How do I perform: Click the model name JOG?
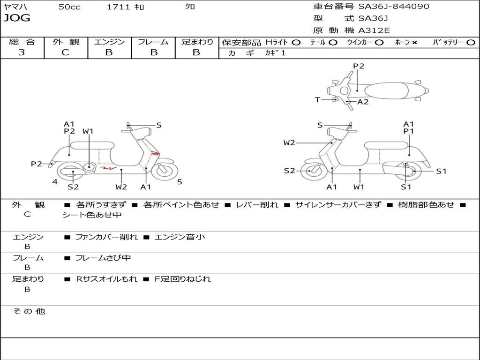[x=17, y=18]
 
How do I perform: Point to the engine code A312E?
[x=374, y=31]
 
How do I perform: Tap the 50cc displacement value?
[x=69, y=7]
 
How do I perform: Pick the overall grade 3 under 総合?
[x=22, y=52]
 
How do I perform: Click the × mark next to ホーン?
[x=414, y=43]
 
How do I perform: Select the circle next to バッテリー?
[x=471, y=43]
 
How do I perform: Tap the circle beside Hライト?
[x=296, y=43]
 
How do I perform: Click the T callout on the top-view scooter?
[x=317, y=100]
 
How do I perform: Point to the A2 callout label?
[x=363, y=102]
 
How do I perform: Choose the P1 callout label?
[x=409, y=132]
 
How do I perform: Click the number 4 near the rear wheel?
[x=55, y=182]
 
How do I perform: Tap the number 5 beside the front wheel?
[x=180, y=182]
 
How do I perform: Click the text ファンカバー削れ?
[x=106, y=237]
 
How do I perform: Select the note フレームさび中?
[x=103, y=258]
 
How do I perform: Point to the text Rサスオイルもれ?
[x=107, y=279]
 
